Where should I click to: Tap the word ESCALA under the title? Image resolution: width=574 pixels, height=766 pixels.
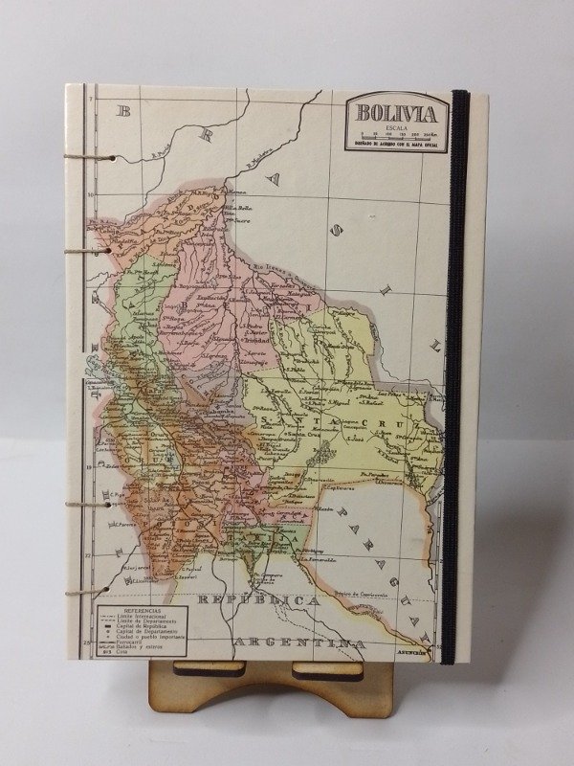392,125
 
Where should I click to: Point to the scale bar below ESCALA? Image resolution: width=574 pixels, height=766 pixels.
393,134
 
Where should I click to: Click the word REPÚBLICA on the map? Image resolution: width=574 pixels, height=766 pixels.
257,599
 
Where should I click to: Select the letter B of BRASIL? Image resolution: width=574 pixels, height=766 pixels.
121,111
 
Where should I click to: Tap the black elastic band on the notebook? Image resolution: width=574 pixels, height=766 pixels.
460,383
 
